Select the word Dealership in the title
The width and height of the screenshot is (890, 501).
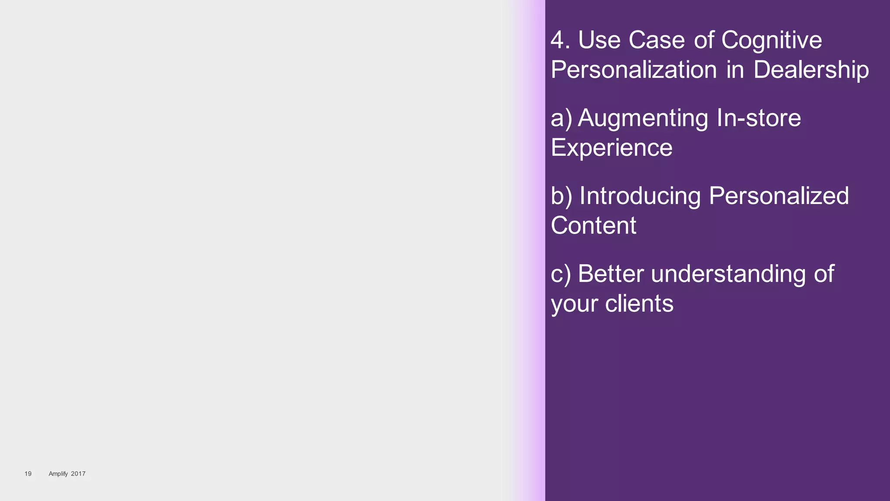click(x=811, y=70)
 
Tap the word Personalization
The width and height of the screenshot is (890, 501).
click(x=634, y=70)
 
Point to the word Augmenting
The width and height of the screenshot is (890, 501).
click(x=643, y=119)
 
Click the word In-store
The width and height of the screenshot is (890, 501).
click(x=758, y=118)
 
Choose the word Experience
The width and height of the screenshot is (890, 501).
click(x=611, y=148)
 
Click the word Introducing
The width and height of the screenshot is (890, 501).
click(x=640, y=196)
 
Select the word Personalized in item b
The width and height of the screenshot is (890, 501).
click(x=779, y=196)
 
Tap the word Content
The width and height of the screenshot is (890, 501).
click(x=593, y=225)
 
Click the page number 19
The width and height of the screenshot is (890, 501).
click(x=28, y=474)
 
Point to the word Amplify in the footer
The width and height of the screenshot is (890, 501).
click(x=58, y=474)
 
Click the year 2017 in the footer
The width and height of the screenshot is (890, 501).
click(x=78, y=474)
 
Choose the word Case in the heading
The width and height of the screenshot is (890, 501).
click(x=657, y=40)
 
